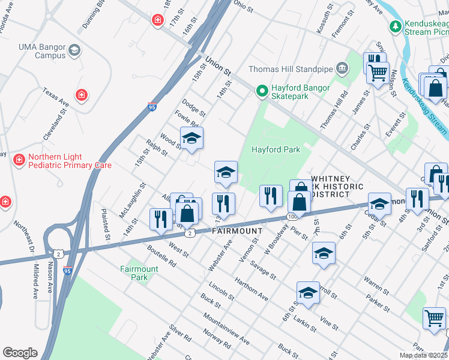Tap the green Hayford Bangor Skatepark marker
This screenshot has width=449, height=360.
(x=262, y=91)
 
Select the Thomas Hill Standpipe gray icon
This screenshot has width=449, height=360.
(x=342, y=68)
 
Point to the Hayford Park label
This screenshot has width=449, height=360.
(x=276, y=149)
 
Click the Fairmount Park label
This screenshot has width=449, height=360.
(x=139, y=273)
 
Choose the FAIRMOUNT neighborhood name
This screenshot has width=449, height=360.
(x=237, y=231)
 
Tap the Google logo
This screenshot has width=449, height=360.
(x=20, y=353)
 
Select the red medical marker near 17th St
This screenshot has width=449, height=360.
(x=158, y=20)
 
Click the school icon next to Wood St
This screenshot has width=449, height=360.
(x=191, y=138)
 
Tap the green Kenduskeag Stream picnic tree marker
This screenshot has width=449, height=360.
(x=395, y=26)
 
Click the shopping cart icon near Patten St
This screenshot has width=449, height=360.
(x=434, y=318)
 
